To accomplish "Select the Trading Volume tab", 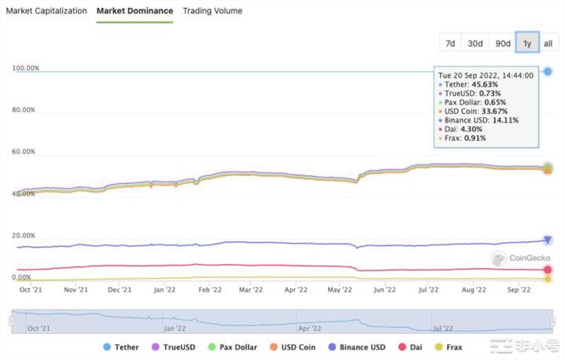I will [x=212, y=11].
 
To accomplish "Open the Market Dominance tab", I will [x=134, y=11].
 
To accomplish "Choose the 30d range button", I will [x=475, y=43].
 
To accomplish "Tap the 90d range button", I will [x=501, y=43].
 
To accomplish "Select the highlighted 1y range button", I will [x=526, y=43].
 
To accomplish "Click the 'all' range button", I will [x=548, y=43].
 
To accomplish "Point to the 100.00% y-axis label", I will [x=26, y=68].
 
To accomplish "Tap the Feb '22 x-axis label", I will [x=209, y=289].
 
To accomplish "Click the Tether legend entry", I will [x=123, y=347].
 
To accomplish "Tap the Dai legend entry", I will [x=413, y=347].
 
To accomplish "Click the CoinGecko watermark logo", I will [x=521, y=257].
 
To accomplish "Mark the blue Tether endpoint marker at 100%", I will [x=547, y=72].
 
